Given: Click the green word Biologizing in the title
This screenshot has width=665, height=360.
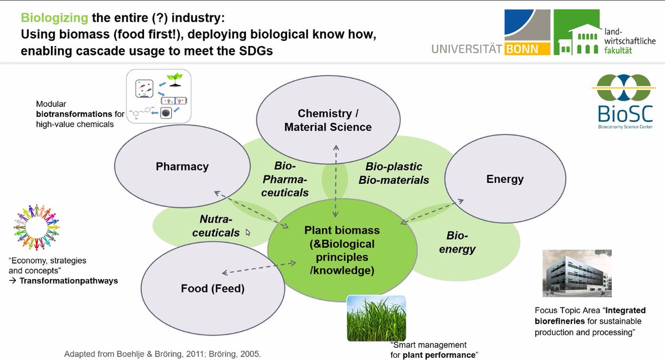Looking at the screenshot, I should click(54, 18).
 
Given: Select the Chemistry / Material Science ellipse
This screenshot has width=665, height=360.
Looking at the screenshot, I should click(328, 120).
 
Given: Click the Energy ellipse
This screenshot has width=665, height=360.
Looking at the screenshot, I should click(504, 179).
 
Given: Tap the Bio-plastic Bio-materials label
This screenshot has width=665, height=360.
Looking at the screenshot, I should click(393, 173).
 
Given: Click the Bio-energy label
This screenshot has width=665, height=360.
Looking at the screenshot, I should click(457, 243).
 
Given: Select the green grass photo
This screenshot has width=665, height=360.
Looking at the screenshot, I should click(376, 318).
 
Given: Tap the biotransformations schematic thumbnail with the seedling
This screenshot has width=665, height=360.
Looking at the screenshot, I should click(158, 98).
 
